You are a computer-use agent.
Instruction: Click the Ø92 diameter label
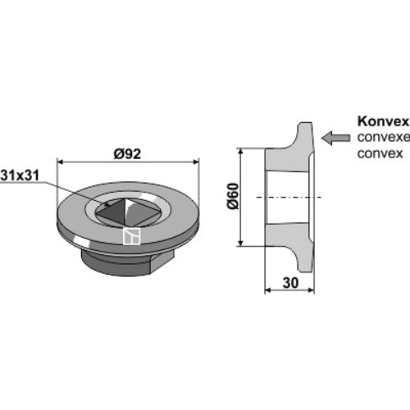pyautogui.click(x=127, y=154)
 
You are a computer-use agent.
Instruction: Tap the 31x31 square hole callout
pyautogui.click(x=20, y=175)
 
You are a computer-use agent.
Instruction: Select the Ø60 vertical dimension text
pyautogui.click(x=233, y=196)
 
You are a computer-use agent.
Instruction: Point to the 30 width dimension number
pyautogui.click(x=290, y=283)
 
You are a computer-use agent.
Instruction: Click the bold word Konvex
pyautogui.click(x=383, y=121)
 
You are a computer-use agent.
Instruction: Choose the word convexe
pyautogui.click(x=384, y=137)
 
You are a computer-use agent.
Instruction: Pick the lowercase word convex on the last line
pyautogui.click(x=380, y=153)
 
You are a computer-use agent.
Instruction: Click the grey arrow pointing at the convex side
pyautogui.click(x=335, y=138)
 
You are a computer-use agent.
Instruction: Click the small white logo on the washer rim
pyautogui.click(x=131, y=236)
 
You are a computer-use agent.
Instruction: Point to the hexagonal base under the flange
pyautogui.click(x=128, y=262)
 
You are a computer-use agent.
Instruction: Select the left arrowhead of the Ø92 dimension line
pyautogui.click(x=60, y=162)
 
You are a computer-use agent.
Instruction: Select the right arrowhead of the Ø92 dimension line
pyautogui.click(x=196, y=162)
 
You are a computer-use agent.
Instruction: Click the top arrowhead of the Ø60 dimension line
pyautogui.click(x=240, y=152)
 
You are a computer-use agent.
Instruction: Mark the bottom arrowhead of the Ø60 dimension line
pyautogui.click(x=240, y=243)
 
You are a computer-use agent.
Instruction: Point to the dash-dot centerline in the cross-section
pyautogui.click(x=289, y=197)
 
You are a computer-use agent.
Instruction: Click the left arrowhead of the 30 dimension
pyautogui.click(x=268, y=289)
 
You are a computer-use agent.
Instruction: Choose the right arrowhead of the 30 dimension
pyautogui.click(x=311, y=289)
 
